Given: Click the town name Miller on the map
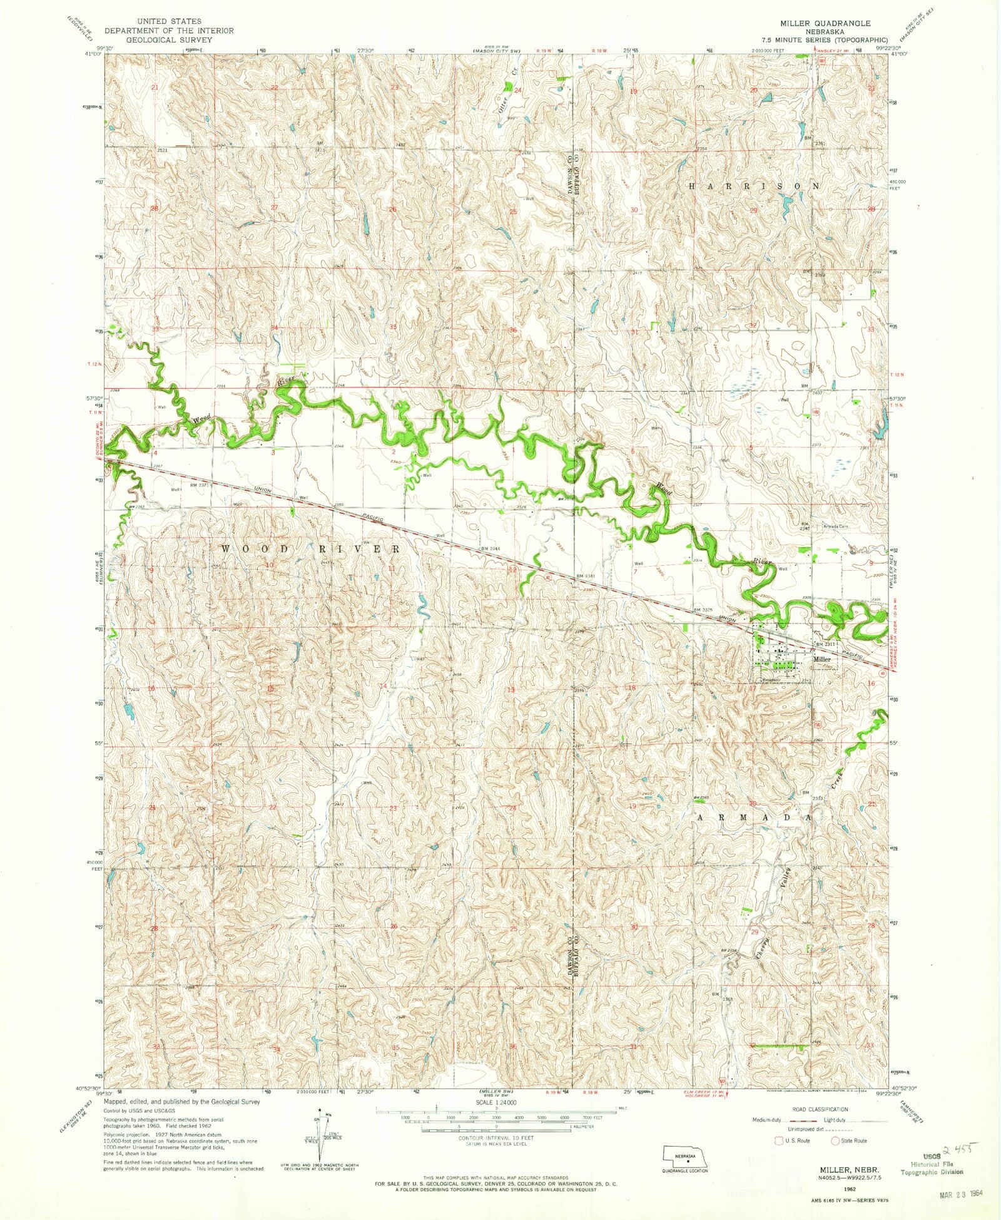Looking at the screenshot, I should tap(821, 659).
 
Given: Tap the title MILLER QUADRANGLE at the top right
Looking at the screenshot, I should tap(825, 23).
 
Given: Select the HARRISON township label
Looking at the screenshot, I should tap(754, 186).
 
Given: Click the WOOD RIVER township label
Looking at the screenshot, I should tap(311, 548).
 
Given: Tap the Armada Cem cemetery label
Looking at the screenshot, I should tap(835, 526).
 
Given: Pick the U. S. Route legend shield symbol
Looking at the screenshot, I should tap(780, 1141).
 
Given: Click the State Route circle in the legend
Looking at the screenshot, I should tap(835, 1141).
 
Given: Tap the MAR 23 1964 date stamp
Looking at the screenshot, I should tap(962, 1193).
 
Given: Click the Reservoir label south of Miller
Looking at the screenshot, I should tap(770, 680).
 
